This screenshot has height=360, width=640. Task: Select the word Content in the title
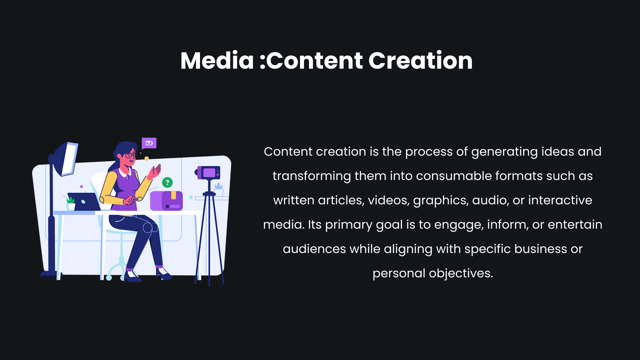tap(315, 61)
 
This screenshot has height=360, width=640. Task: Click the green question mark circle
tap(167, 182)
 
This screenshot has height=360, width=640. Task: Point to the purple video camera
tap(208, 173)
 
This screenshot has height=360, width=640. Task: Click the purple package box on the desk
tap(166, 201)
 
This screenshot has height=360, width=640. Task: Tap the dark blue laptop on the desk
tap(84, 202)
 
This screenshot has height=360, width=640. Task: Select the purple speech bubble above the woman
tap(149, 143)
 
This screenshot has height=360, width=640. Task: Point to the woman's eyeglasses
tap(131, 155)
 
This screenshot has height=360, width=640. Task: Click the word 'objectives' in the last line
tap(461, 274)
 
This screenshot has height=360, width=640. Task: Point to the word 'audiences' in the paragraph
tap(314, 249)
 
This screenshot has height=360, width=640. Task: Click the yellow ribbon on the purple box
tap(173, 195)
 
